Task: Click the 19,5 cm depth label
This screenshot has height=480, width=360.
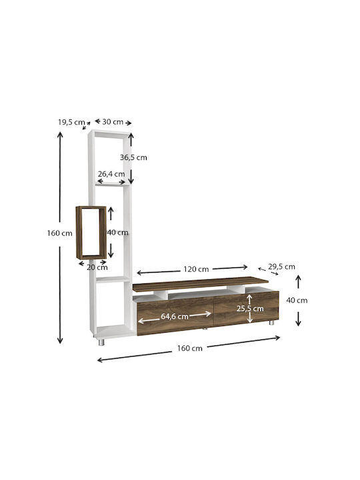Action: tap(71, 122)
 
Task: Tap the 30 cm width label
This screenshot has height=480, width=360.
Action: tap(113, 122)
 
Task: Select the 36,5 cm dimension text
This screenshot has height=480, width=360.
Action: tap(133, 157)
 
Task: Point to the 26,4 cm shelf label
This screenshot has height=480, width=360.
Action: tap(111, 174)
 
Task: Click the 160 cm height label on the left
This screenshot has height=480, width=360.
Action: tap(60, 233)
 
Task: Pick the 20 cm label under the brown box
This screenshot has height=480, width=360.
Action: tap(97, 267)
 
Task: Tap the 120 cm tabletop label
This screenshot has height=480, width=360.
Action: tap(196, 269)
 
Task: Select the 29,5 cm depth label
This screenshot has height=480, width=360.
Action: tap(281, 267)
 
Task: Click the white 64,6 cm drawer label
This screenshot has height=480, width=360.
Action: tap(175, 317)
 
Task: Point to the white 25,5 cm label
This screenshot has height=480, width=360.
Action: tap(250, 309)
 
